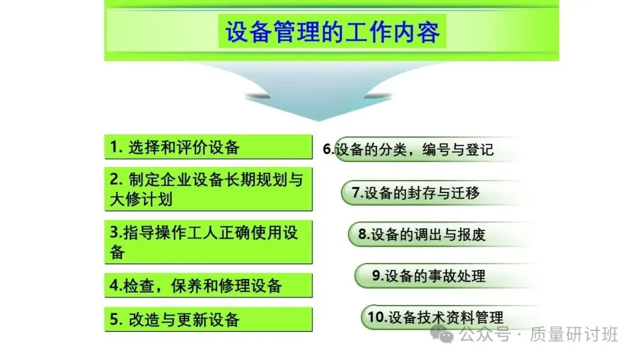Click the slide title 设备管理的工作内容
tap(333, 32)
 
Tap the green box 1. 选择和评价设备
tap(208, 147)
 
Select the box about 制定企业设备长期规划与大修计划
tap(208, 189)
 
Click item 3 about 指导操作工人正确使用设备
tap(208, 242)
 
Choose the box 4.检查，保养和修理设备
tap(208, 285)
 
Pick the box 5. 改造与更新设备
tap(208, 319)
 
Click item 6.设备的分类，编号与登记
tap(408, 149)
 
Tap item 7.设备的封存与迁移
tap(416, 192)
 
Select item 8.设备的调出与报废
tap(422, 234)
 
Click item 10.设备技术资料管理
tap(435, 317)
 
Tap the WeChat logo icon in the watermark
tap(442, 335)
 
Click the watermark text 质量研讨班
tap(574, 335)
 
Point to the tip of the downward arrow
tap(319, 121)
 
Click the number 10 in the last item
tap(376, 317)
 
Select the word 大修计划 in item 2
tap(141, 200)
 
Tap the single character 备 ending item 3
tap(117, 252)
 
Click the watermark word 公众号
tap(485, 335)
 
